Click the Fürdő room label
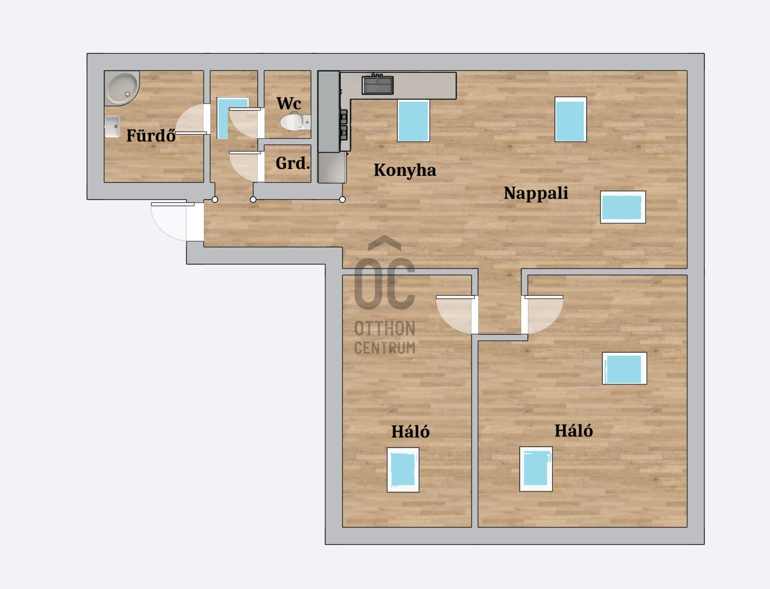[x=151, y=135]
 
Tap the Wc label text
[x=289, y=103]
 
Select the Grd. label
[x=293, y=163]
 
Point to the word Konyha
[x=405, y=170]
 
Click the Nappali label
[x=536, y=193]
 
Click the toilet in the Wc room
[x=295, y=121]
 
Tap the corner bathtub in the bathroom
[x=122, y=88]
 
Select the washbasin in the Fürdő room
[x=112, y=126]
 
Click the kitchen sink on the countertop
[x=377, y=85]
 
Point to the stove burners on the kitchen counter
[x=343, y=125]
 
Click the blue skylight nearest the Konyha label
[x=413, y=121]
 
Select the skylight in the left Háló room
[x=403, y=470]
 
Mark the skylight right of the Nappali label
[x=623, y=207]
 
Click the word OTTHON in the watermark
[x=385, y=329]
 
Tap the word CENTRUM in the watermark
[x=385, y=347]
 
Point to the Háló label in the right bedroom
[x=573, y=430]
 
